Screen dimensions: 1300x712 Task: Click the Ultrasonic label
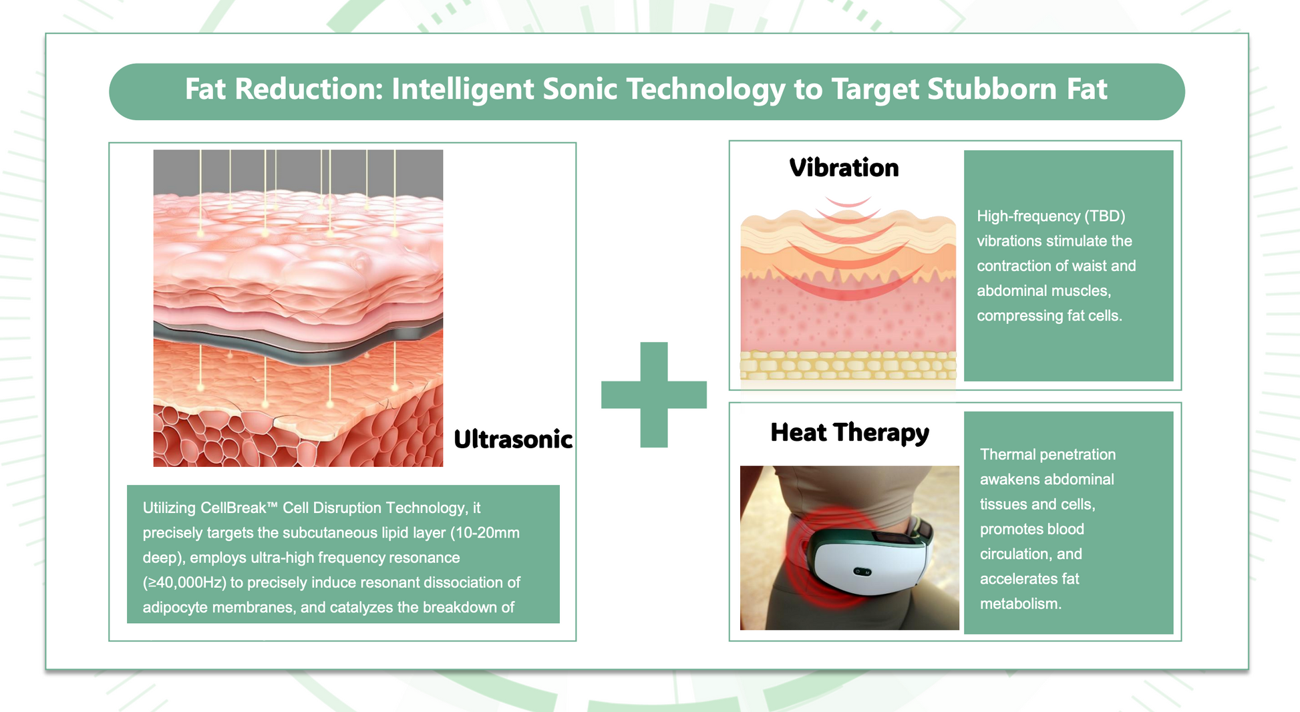[513, 439]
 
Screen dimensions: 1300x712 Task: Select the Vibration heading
[844, 168]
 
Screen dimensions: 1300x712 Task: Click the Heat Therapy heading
[850, 433]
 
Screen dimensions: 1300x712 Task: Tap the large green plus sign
[654, 395]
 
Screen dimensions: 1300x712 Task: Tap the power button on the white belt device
[858, 572]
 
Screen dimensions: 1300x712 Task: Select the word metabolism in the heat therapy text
[1020, 604]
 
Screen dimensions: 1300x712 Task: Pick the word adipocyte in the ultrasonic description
[175, 608]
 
